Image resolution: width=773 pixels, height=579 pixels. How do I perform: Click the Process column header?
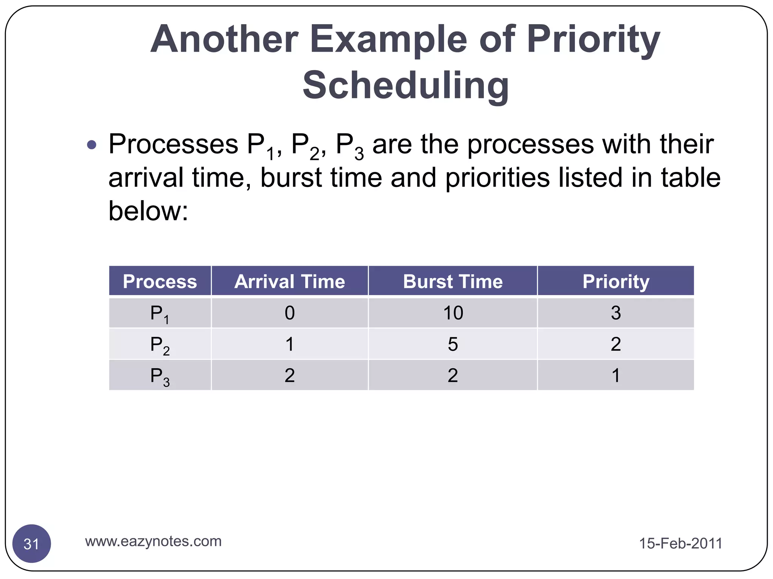(160, 281)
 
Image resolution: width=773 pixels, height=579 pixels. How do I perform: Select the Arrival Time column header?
(289, 281)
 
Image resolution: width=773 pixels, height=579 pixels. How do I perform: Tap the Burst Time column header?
(453, 281)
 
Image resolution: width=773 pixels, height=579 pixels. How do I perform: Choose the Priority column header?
(616, 281)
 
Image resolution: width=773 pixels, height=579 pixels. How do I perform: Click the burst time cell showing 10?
(453, 313)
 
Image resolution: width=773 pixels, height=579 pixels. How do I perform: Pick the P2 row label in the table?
(160, 345)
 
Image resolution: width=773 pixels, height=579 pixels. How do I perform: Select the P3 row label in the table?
(160, 376)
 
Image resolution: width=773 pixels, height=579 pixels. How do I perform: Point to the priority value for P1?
(616, 313)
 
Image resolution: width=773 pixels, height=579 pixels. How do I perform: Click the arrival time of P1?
(289, 313)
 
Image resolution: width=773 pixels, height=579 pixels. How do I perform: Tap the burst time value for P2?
(453, 344)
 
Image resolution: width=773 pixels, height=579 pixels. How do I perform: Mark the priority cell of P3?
(616, 375)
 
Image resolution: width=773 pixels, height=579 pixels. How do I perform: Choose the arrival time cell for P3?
(289, 375)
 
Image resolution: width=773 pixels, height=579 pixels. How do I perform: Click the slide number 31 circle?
(32, 544)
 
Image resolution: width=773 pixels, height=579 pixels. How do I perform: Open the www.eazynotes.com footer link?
(153, 541)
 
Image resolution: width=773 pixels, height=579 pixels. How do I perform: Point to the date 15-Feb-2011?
(680, 543)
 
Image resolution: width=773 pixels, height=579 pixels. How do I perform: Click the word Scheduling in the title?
(406, 86)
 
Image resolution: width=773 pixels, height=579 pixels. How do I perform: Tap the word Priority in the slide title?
(593, 40)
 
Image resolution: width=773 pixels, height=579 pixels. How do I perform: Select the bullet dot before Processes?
(91, 145)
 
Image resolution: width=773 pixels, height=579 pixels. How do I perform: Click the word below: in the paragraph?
(148, 211)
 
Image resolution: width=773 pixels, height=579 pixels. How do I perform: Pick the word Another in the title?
(225, 40)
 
